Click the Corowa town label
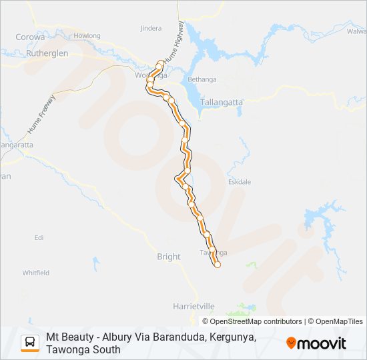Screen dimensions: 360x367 (29, 37)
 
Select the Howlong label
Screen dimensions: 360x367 (87, 36)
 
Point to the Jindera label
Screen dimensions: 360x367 (151, 29)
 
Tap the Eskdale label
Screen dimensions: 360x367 (240, 181)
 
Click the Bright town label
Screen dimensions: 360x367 (169, 257)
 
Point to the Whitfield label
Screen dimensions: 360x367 (36, 273)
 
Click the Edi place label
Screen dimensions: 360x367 (39, 237)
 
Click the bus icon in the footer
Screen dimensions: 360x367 (30, 343)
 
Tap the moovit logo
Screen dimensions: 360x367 (316, 343)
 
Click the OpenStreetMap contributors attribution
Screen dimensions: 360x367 (247, 321)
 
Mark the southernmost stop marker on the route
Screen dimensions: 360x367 (217, 265)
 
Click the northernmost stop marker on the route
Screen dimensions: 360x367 (160, 64)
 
